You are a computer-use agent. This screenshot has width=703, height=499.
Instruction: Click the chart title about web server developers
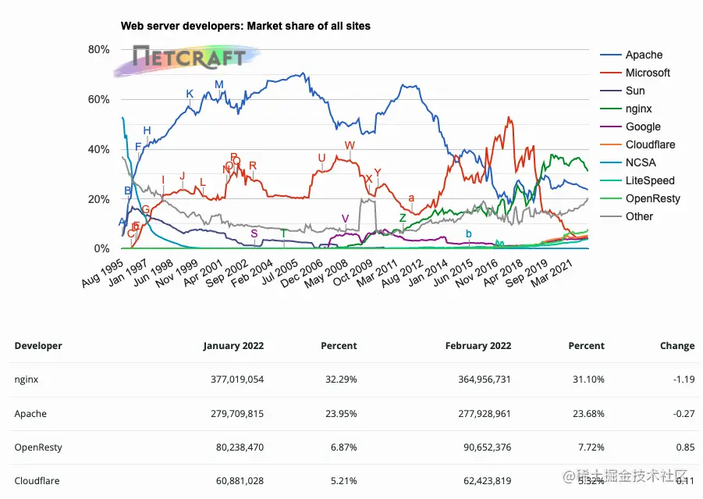coord(245,26)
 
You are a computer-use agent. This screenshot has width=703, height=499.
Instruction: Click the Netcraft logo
coord(187,57)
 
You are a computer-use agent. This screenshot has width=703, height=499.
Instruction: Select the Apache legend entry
coord(644,55)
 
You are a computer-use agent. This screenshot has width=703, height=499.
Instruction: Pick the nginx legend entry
coord(638,109)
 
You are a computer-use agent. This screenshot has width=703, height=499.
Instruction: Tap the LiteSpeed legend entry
coord(650,180)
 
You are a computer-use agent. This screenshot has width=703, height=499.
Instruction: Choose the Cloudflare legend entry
coord(650,144)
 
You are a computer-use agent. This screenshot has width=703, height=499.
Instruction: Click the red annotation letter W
coord(349,145)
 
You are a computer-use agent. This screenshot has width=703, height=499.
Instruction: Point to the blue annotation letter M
coord(218,84)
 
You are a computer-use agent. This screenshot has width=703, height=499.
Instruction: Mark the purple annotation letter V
coord(345,218)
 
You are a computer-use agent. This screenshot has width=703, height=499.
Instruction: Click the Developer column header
coord(38,345)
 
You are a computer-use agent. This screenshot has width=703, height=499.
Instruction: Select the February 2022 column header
coord(478,345)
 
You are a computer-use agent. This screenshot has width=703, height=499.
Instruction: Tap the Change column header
coord(676,345)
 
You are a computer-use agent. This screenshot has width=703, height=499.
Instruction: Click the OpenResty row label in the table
coord(38,447)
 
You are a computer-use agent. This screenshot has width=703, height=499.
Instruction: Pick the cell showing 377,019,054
coord(233,380)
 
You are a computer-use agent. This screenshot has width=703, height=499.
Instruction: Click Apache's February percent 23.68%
coord(588,414)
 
